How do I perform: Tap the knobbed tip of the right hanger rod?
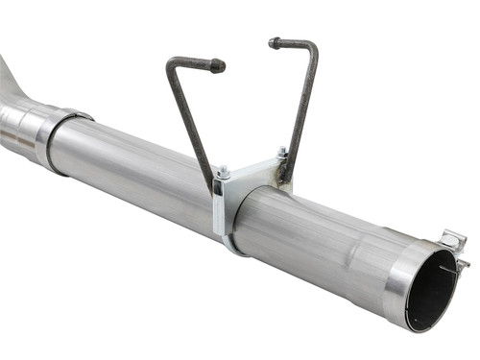coord(274,42)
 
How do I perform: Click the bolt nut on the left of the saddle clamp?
coord(222,173)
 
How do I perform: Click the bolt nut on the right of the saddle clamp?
coord(282,152)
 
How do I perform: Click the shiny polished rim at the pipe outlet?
coord(403,283)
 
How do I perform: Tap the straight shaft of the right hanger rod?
coord(300,106)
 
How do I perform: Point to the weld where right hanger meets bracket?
coord(285,171)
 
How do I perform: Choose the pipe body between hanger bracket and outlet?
coord(326,240)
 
